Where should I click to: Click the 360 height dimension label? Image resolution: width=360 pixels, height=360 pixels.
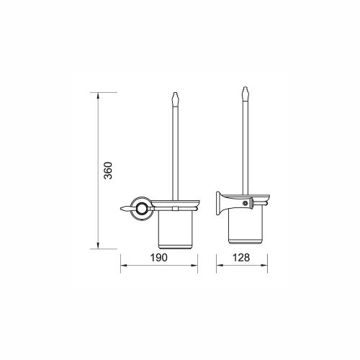click(x=108, y=171)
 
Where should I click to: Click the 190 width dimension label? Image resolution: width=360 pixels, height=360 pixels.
click(x=158, y=258)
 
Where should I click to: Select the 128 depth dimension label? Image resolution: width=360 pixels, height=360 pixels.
click(x=241, y=258)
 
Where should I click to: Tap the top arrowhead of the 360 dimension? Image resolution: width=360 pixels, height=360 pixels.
click(x=98, y=96)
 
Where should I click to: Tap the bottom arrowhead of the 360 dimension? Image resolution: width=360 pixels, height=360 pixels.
click(x=98, y=246)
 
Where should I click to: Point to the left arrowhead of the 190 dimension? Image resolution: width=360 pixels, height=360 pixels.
click(x=124, y=266)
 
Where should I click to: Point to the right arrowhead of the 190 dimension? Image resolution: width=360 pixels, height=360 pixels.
click(x=194, y=266)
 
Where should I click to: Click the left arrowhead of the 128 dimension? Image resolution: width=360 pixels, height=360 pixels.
click(x=220, y=266)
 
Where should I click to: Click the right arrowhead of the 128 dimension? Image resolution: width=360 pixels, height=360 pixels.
click(x=264, y=266)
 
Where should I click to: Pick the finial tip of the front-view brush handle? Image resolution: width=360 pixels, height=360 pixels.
click(x=175, y=93)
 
